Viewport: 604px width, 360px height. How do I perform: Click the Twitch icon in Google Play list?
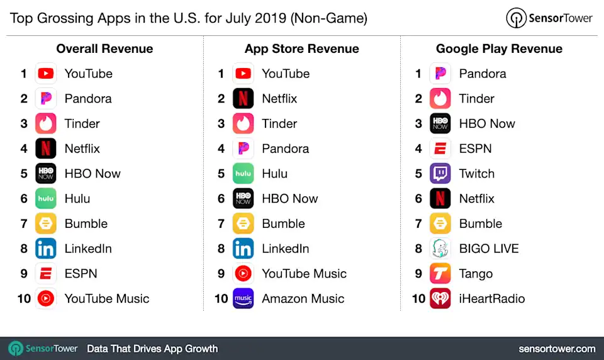[x=440, y=174]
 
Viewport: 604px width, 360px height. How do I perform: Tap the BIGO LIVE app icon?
[x=440, y=249]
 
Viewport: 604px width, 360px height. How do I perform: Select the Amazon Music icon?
[x=243, y=298]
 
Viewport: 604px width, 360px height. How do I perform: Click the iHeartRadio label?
[x=491, y=298]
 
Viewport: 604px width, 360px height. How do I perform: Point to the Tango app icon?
[x=440, y=274]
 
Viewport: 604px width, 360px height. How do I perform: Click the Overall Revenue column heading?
[x=104, y=48]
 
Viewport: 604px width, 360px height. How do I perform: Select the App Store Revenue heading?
[x=302, y=48]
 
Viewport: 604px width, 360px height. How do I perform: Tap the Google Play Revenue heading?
[x=499, y=48]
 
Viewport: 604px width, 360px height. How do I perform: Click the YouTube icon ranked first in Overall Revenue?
[x=45, y=74]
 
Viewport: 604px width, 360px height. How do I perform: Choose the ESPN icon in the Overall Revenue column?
[x=45, y=274]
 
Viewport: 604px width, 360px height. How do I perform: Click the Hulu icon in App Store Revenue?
[x=243, y=174]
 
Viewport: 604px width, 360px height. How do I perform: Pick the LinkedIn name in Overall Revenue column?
[x=88, y=249]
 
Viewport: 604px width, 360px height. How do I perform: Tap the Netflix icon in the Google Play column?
[x=440, y=199]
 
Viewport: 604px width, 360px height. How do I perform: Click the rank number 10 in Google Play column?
[x=418, y=298]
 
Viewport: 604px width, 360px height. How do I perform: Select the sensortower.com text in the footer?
[x=557, y=348]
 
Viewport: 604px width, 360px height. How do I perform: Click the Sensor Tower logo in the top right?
[x=549, y=18]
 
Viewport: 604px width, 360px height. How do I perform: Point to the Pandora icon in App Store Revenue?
[x=243, y=149]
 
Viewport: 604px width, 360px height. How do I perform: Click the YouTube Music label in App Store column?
[x=304, y=274]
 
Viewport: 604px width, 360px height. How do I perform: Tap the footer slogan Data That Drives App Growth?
[x=152, y=348]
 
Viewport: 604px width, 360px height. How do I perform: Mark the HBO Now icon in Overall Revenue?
[x=45, y=174]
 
